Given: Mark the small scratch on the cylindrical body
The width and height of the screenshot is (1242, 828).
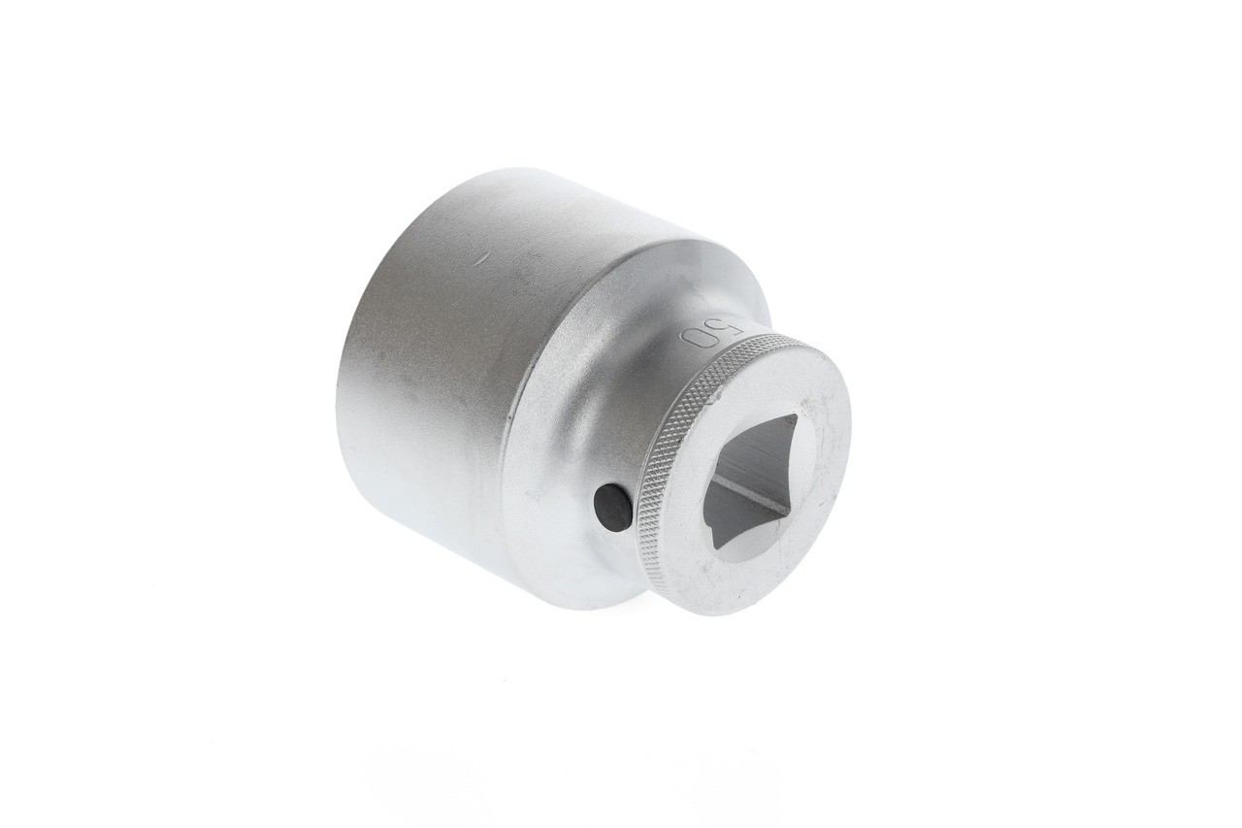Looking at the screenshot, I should tap(478, 258).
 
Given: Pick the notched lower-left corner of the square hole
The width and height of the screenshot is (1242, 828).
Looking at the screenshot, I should tap(716, 540).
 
